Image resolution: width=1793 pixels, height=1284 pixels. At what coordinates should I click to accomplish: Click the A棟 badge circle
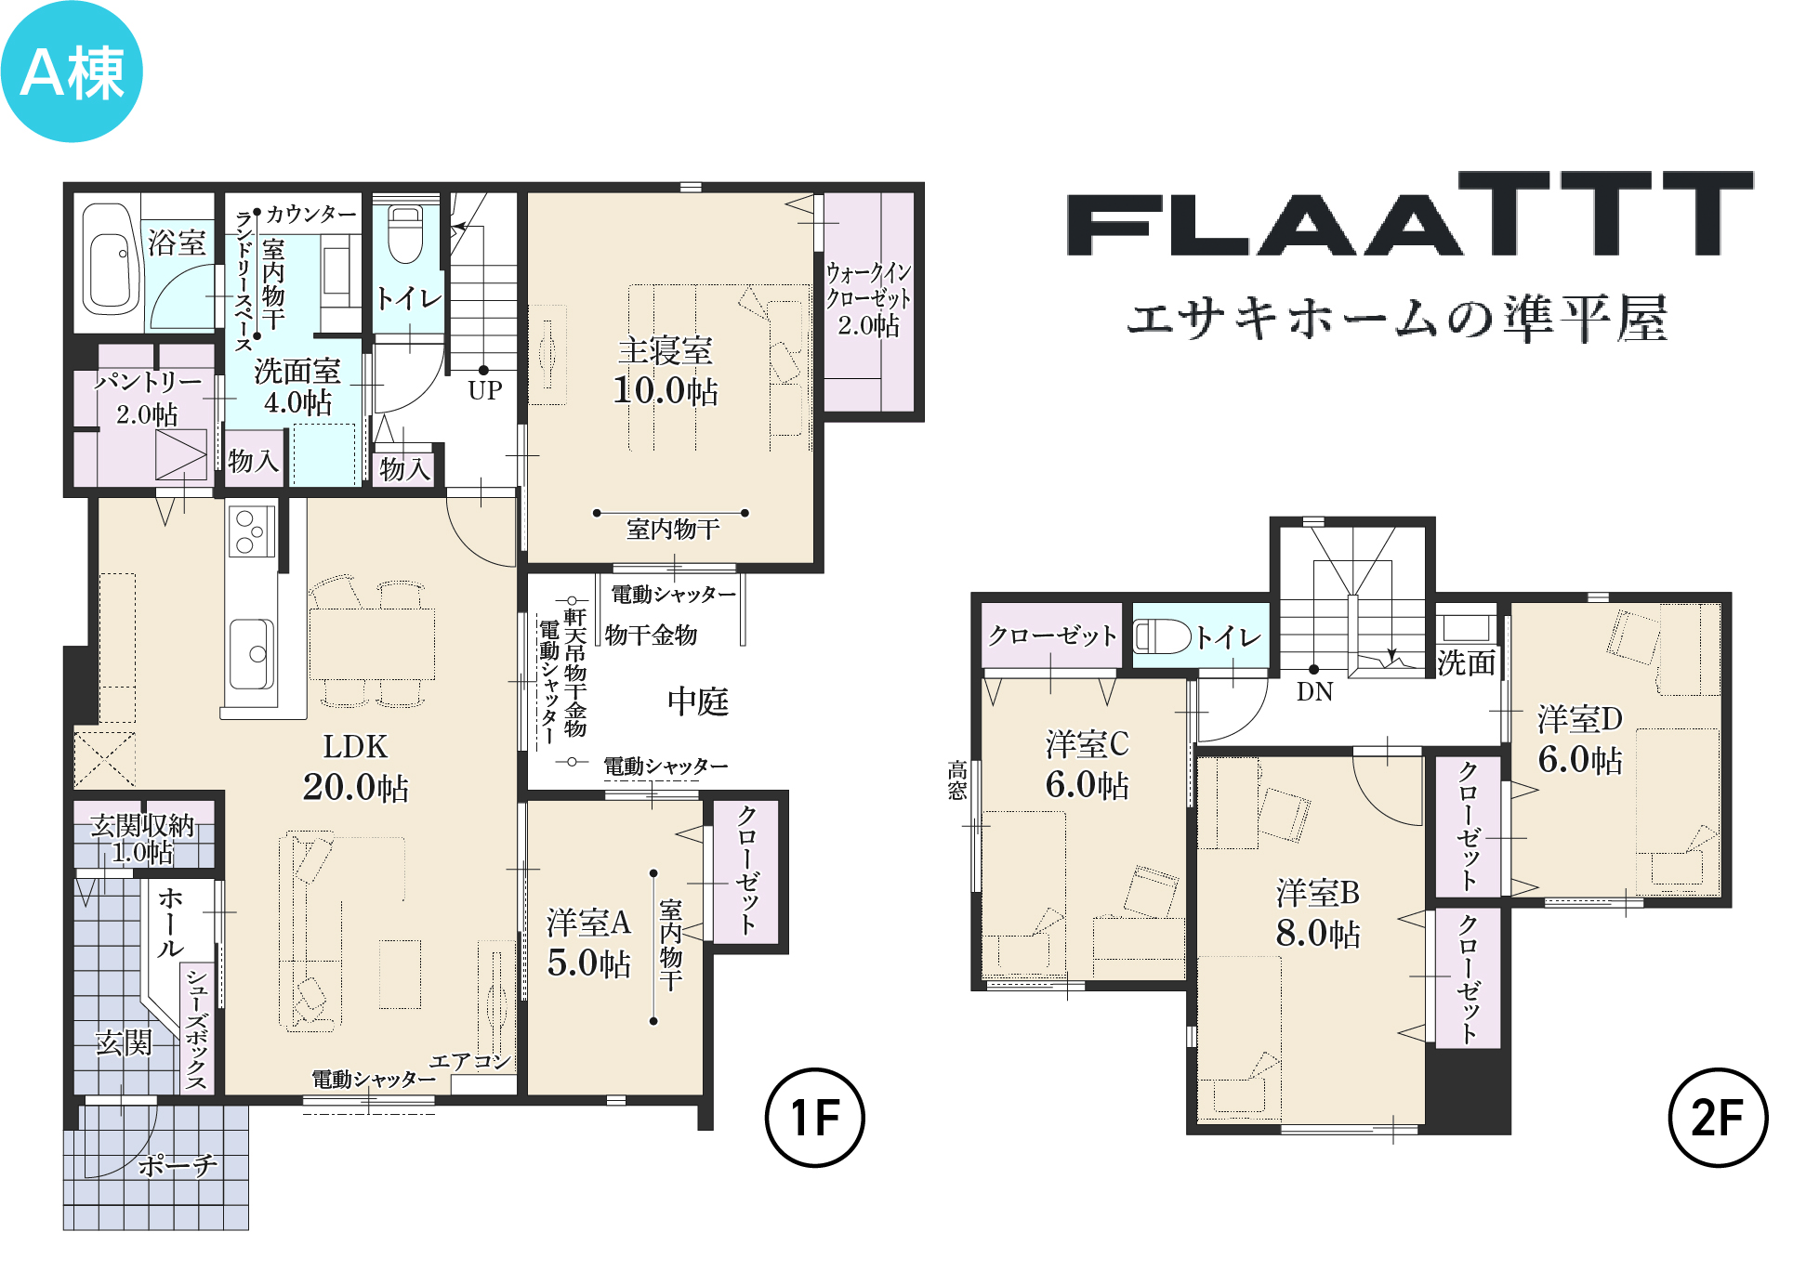coord(72,72)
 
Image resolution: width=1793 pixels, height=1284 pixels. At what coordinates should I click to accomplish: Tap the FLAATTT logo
coord(1410,213)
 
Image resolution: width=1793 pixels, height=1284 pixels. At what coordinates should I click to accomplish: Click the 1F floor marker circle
coord(814,1118)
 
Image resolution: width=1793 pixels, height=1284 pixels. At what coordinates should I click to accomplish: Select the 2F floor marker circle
coord(1718,1118)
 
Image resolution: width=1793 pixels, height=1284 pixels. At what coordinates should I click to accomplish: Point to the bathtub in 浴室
coord(111,258)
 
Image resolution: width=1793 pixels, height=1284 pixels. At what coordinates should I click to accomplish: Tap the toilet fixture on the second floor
coord(1162,636)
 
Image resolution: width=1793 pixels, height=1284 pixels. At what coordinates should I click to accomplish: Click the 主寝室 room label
coord(666,351)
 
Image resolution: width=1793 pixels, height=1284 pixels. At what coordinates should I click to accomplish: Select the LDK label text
coord(355,747)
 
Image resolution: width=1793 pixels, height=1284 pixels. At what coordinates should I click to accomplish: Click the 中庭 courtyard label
coord(698,701)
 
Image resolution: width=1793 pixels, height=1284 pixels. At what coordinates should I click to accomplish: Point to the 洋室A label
coord(589,923)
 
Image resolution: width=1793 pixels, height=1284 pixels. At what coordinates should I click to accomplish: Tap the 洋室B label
coord(1318,893)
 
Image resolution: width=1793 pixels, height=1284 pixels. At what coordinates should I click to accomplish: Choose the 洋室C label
coord(1088,744)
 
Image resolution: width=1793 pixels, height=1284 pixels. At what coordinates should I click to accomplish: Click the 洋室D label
coord(1580,719)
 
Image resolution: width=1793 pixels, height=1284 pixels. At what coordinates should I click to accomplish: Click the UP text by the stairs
coord(485,390)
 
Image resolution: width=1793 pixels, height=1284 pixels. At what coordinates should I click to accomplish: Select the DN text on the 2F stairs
coord(1314,692)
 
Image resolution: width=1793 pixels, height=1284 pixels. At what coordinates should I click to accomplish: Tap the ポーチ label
coord(178,1165)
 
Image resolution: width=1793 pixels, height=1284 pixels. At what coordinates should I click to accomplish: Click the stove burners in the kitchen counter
coord(251,531)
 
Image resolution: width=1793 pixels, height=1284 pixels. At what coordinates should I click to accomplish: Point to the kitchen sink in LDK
coord(251,654)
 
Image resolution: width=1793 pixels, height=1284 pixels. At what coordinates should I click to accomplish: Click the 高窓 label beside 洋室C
coord(957,780)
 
